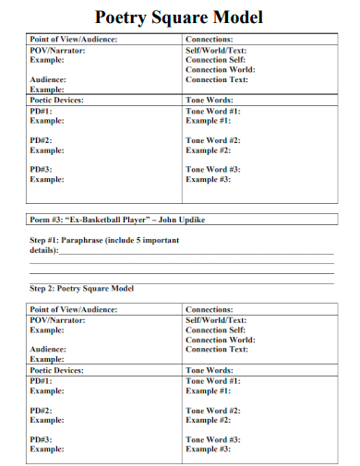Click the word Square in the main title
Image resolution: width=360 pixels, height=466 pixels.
point(180,18)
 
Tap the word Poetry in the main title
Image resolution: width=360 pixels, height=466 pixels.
point(124,18)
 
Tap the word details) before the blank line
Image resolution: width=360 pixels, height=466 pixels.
point(43,250)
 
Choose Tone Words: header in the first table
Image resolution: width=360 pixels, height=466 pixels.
point(209,100)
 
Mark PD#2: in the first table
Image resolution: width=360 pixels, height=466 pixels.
point(42,140)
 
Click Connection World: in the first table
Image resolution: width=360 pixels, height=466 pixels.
point(221,70)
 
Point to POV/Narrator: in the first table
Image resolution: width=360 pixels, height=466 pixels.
point(57,50)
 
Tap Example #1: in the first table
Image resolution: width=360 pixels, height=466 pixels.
point(208,121)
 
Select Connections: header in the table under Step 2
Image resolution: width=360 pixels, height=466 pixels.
point(209,310)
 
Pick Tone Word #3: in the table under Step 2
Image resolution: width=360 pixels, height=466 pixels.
point(213,440)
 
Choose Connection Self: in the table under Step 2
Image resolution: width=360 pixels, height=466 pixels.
point(216,330)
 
